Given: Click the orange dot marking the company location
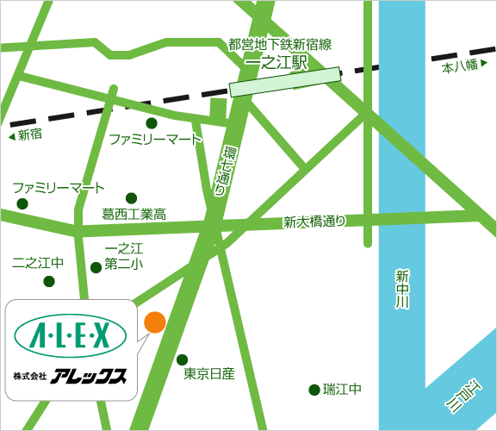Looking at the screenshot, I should tap(154, 322).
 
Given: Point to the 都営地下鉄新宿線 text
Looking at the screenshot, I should tap(280, 44).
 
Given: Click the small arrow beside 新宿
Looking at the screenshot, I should tap(10, 135).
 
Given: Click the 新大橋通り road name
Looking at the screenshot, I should tap(314, 222).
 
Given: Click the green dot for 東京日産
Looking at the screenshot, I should tap(182, 359).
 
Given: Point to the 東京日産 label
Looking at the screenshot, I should tap(209, 375).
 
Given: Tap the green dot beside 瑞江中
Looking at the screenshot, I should tap(314, 390).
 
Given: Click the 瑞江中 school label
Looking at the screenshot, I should tap(342, 390).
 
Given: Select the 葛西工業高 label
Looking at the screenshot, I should tap(133, 214).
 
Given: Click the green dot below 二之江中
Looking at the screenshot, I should tap(49, 281).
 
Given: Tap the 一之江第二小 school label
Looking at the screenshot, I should tap(123, 257).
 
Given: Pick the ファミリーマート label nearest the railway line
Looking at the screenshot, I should tap(155, 139).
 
